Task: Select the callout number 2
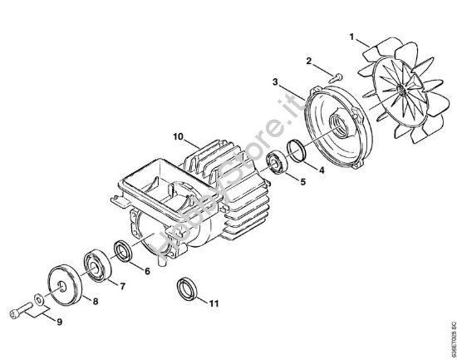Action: (308, 62)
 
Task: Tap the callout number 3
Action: (275, 81)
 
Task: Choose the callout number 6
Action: (146, 271)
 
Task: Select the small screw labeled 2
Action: (335, 77)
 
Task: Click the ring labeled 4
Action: (295, 152)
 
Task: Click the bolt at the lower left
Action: (19, 313)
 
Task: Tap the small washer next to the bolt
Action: (39, 299)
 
